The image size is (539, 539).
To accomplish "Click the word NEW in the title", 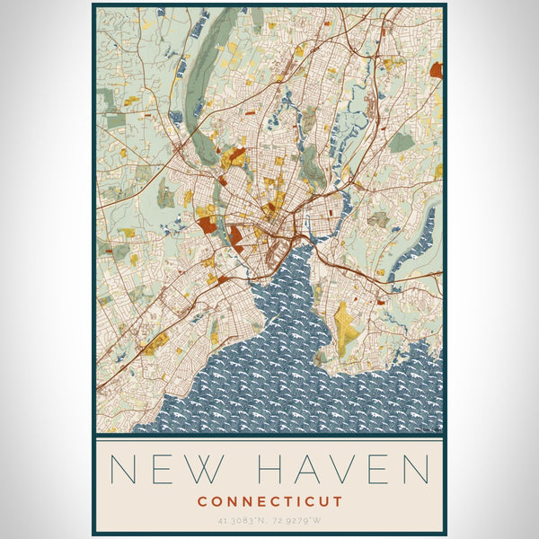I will click(167, 469).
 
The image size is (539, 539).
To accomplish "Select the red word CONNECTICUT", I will click(270, 500).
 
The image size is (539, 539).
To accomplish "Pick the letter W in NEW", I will click(216, 469).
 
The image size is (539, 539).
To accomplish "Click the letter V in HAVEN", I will click(346, 469).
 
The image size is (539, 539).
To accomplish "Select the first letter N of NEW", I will click(122, 469).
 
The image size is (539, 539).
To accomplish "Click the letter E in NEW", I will click(167, 469).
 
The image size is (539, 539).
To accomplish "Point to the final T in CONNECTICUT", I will click(339, 500).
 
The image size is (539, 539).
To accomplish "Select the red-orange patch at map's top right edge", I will click(437, 70).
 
